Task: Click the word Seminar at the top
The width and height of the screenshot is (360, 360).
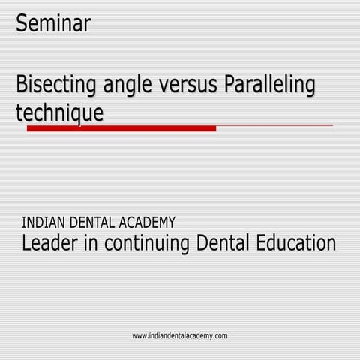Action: tap(53, 23)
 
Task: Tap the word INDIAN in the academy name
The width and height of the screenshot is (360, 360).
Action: tap(43, 222)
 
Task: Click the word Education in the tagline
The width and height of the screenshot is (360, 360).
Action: tap(297, 244)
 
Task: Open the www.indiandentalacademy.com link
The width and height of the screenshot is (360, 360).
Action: tap(180, 335)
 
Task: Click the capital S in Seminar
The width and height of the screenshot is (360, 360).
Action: tap(22, 23)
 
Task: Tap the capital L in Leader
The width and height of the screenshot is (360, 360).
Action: tap(27, 244)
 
